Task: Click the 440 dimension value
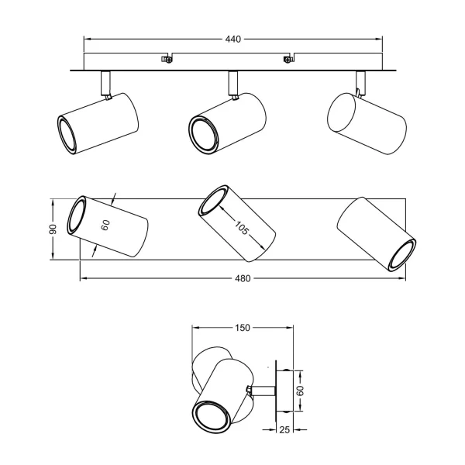pyautogui.click(x=232, y=37)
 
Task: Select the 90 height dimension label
pyautogui.click(x=53, y=230)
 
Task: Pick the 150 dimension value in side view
pyautogui.click(x=242, y=328)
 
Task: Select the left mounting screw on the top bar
pyautogui.click(x=165, y=58)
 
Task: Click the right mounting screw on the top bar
pyautogui.click(x=288, y=58)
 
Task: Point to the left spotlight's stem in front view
pyautogui.click(x=105, y=82)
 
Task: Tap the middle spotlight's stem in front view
pyautogui.click(x=232, y=82)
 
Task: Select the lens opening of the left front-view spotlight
pyautogui.click(x=68, y=133)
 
